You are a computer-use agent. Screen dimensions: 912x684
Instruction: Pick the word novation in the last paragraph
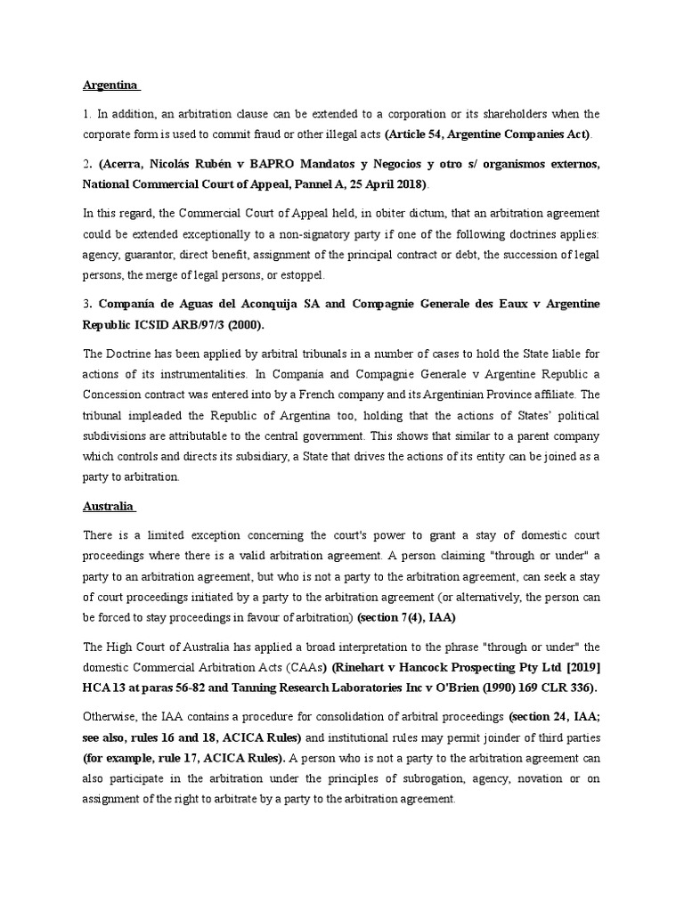tap(517, 778)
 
